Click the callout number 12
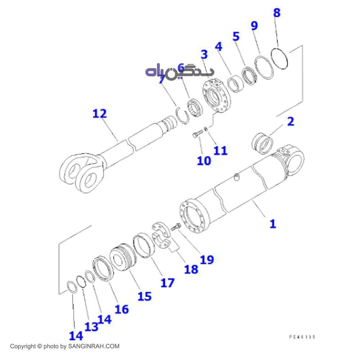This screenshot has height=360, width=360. point(100,114)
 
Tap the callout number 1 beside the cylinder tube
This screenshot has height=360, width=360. point(273,224)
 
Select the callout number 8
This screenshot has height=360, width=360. point(276,13)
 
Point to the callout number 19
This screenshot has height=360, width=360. point(207,259)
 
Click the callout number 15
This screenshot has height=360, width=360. point(144,296)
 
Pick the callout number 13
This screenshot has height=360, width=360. point(91,327)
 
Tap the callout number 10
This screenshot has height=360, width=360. point(204,161)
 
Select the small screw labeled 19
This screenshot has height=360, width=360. point(176,228)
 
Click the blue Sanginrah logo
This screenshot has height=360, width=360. point(179,72)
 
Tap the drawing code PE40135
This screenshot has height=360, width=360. point(302,337)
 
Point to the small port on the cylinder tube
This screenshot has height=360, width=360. point(237,177)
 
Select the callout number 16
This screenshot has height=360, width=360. point(121,309)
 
